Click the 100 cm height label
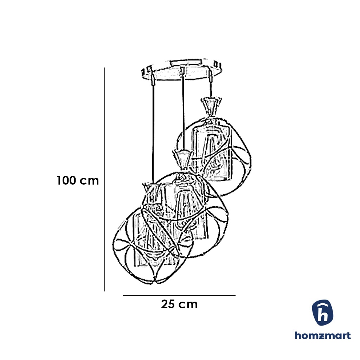point(78,181)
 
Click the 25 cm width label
point(179,304)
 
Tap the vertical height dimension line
point(105,179)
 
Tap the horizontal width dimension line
point(179,295)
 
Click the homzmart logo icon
point(323,313)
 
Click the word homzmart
point(323,335)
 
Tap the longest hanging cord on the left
point(153,134)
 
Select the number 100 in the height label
point(67,181)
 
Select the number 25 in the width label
point(168,304)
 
